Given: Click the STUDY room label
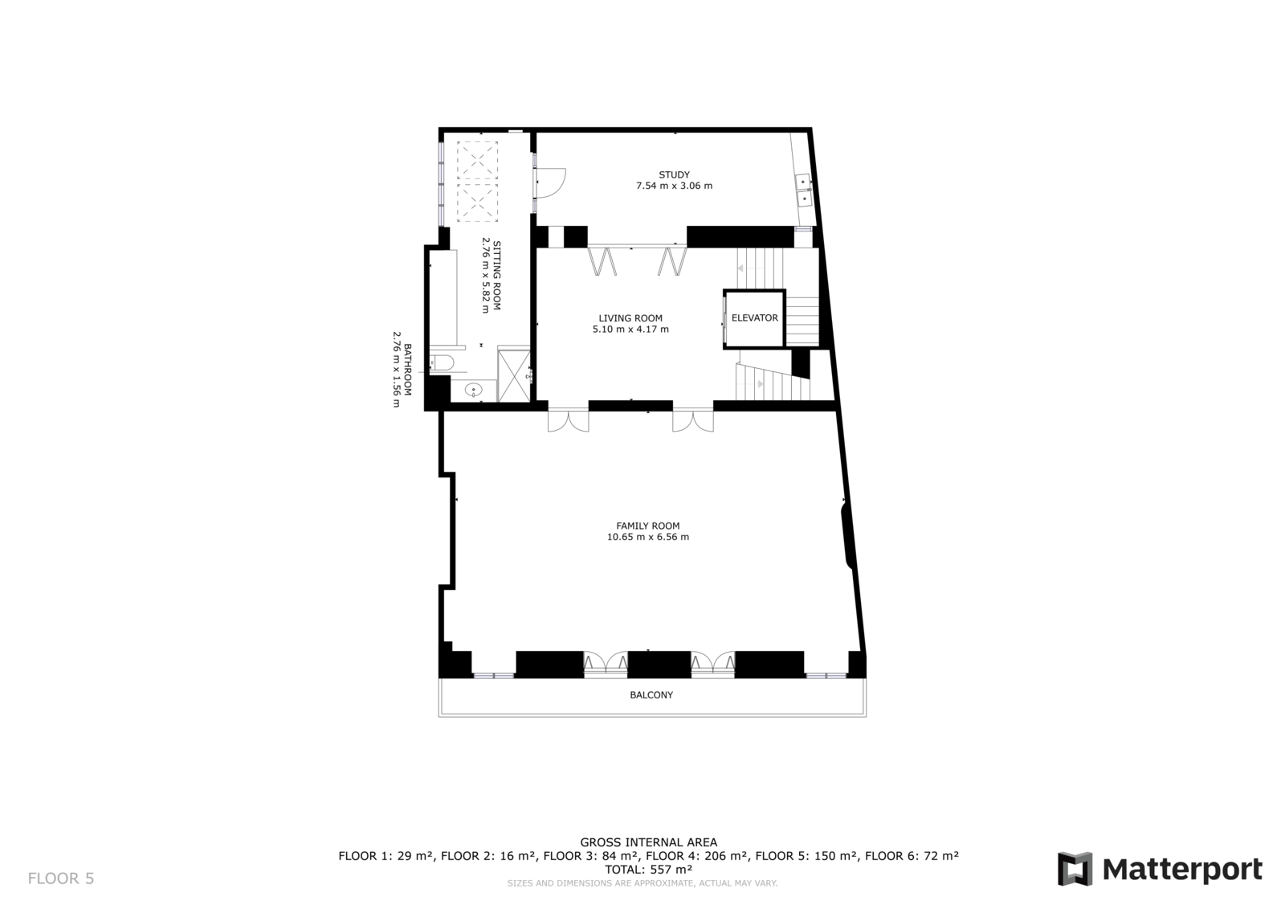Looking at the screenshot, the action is click(674, 174).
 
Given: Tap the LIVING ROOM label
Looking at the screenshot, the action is click(630, 318).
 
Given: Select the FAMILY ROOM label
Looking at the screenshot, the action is click(647, 526).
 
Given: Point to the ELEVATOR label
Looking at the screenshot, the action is click(754, 317).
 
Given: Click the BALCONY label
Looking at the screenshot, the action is click(651, 695).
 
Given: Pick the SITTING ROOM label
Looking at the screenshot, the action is click(497, 276).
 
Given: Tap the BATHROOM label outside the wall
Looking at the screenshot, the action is click(407, 369).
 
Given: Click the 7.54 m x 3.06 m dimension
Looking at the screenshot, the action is click(674, 186).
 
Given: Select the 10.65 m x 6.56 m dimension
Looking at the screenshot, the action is click(647, 537).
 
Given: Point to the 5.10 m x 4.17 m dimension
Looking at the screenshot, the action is click(630, 330).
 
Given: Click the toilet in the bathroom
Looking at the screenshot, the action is click(442, 362).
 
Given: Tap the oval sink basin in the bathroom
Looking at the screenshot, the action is click(473, 390).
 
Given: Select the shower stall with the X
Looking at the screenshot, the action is click(513, 375).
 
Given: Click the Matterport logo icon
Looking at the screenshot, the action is click(1075, 869).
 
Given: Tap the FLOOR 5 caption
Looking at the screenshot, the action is click(61, 878).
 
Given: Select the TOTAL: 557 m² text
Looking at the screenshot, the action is click(648, 870).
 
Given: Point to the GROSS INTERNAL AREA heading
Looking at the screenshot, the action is click(648, 842).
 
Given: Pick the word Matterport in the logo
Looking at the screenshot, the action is click(1182, 870).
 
